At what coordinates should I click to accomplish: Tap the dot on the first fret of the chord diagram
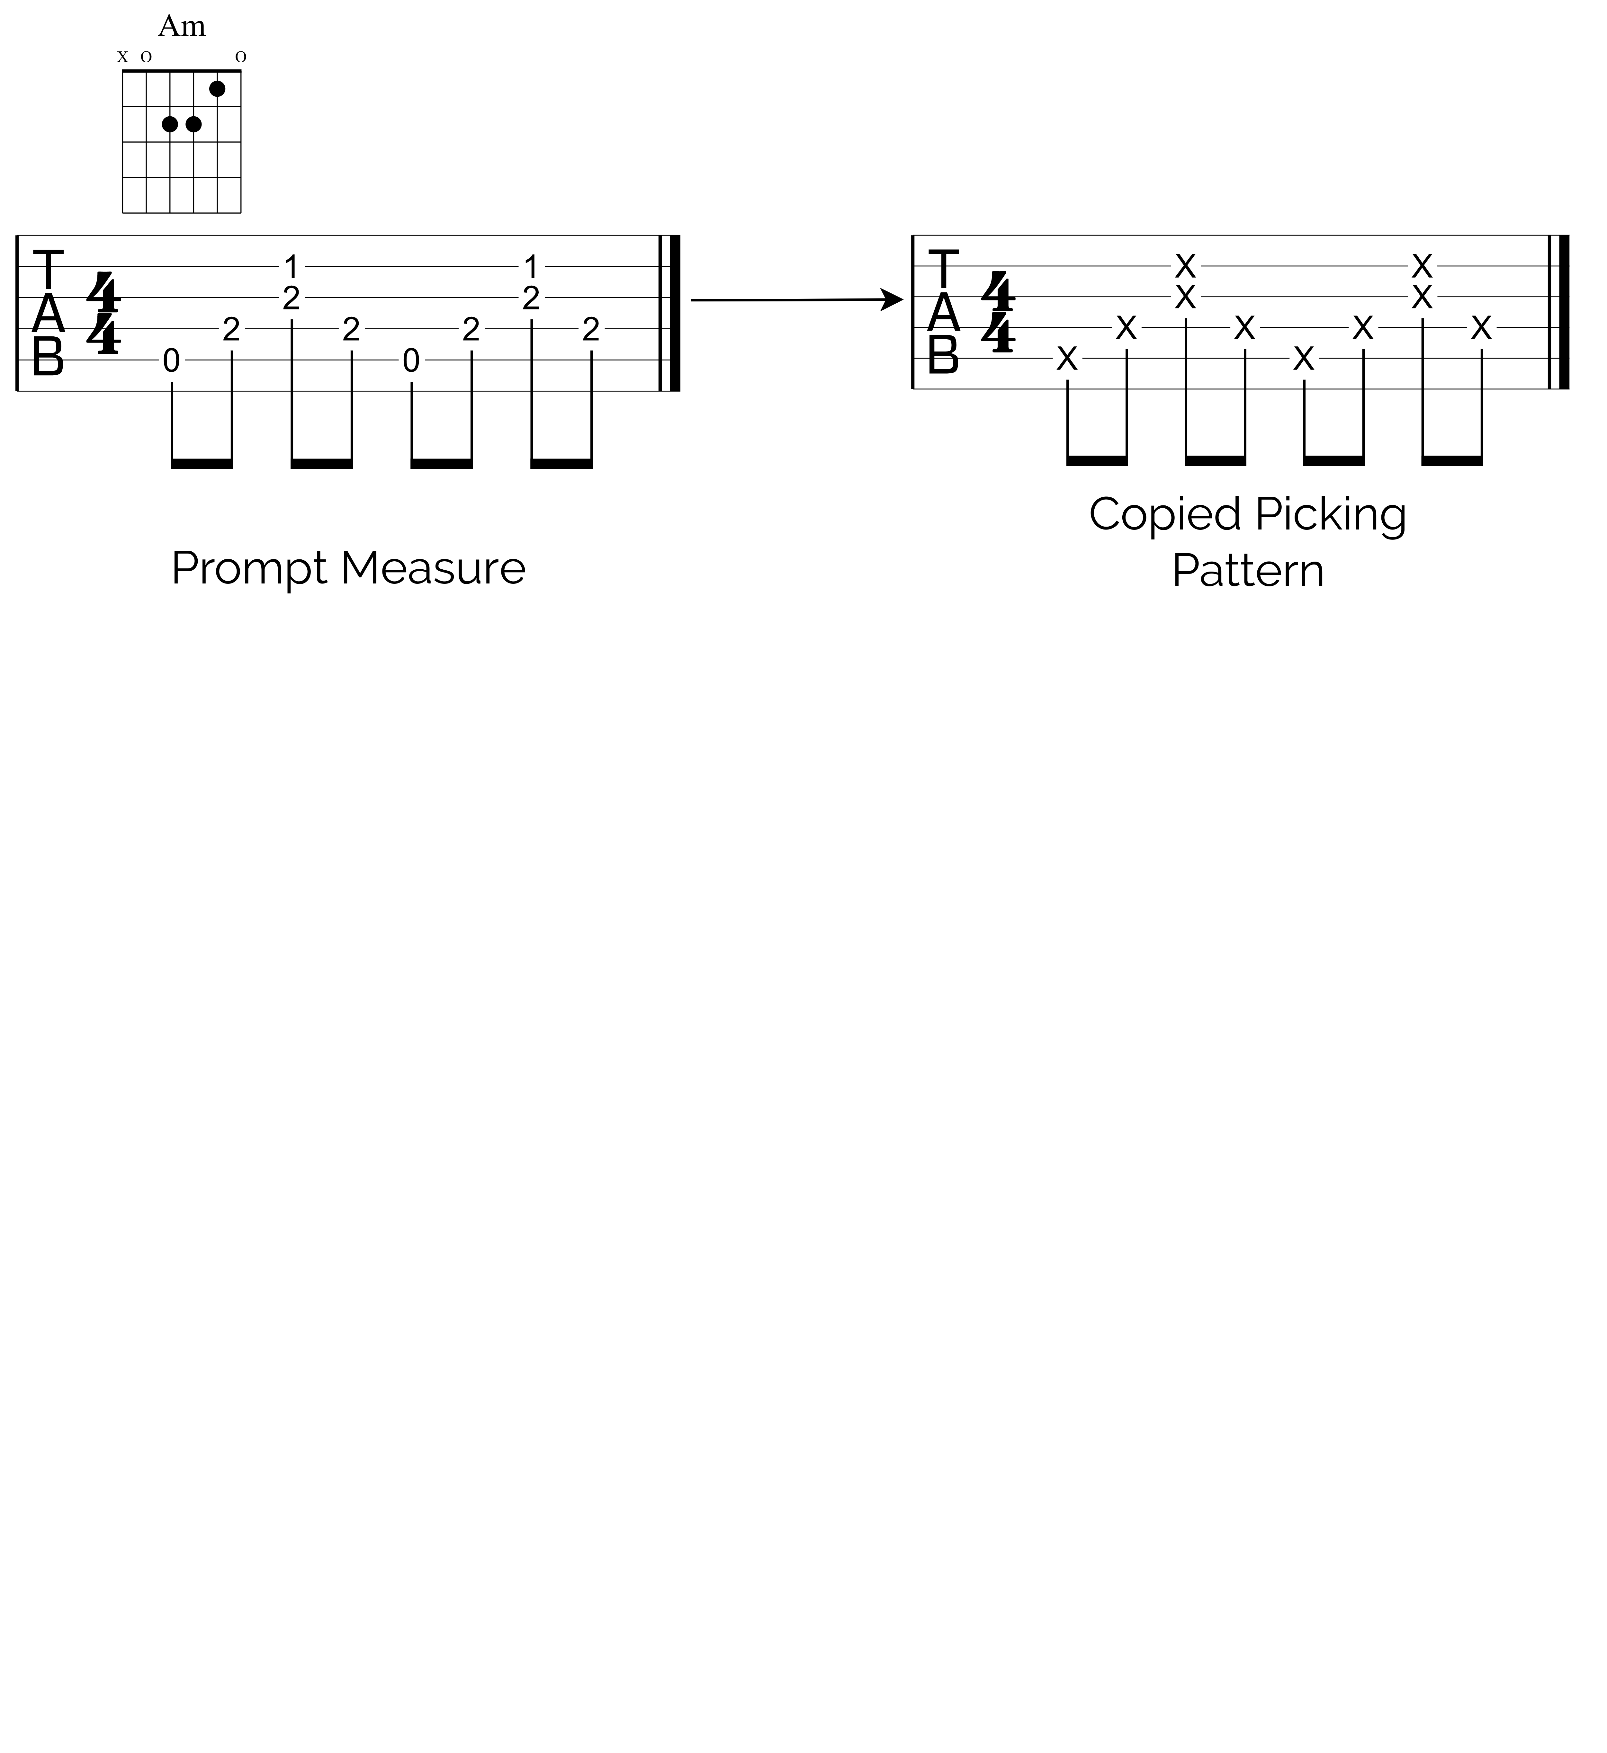(x=217, y=89)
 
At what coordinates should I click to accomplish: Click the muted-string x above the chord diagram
(x=122, y=58)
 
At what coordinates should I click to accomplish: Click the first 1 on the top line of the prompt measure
(x=291, y=266)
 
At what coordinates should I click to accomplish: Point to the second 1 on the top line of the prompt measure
(x=531, y=266)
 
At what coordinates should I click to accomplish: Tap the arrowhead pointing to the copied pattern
(x=894, y=300)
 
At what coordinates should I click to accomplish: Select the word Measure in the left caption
(x=433, y=569)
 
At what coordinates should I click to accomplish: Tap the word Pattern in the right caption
(x=1248, y=571)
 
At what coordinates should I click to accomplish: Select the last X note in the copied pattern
(x=1481, y=328)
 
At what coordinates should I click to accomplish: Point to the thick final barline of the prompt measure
(x=675, y=313)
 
